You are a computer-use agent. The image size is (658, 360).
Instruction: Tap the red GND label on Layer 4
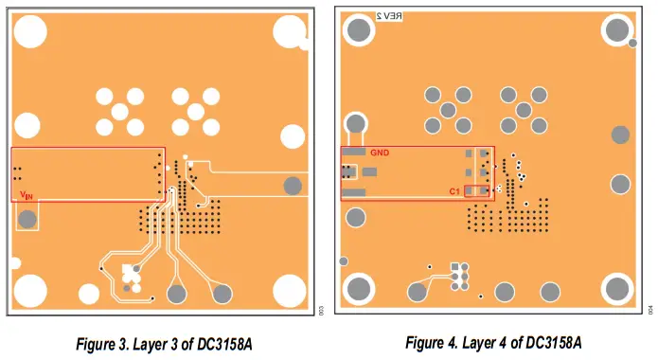click(379, 153)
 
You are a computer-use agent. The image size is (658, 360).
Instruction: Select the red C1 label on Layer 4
click(454, 192)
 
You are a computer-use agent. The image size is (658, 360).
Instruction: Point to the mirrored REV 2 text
click(389, 17)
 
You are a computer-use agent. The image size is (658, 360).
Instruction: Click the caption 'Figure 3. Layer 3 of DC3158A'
click(164, 342)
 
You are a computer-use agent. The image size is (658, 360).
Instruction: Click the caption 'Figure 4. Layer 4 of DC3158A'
click(493, 342)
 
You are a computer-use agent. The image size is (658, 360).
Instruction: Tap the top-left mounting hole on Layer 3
click(30, 31)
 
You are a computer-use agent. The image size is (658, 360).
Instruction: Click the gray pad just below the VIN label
click(28, 220)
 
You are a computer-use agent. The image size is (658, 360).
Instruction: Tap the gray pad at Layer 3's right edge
click(293, 184)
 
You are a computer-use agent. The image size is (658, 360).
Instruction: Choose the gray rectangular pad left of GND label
click(354, 152)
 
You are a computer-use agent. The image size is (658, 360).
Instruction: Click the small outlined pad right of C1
click(499, 190)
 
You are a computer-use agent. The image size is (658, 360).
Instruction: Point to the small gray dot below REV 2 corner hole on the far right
click(632, 44)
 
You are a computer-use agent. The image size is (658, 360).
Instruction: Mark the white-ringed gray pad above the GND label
click(356, 123)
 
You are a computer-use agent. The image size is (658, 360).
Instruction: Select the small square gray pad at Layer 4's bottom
click(455, 267)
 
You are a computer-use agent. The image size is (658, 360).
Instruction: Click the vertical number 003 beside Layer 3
click(321, 310)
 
